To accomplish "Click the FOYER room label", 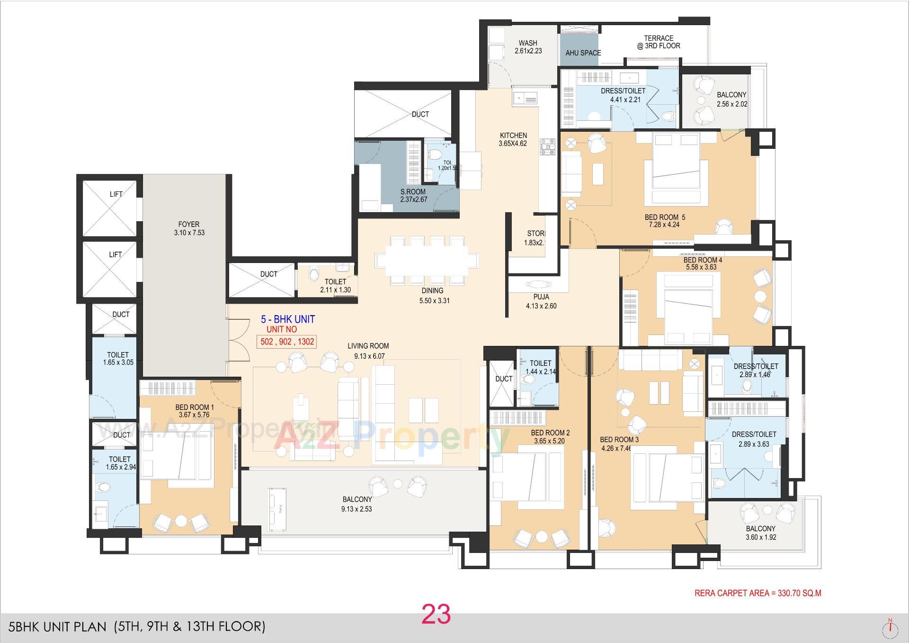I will click(189, 228).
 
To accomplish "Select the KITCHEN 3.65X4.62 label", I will click(513, 139).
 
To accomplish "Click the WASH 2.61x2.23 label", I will click(528, 47).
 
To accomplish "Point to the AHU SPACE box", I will click(583, 53).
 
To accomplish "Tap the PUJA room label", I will click(541, 301).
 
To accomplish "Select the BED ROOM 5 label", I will click(664, 221).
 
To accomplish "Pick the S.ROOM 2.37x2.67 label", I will click(413, 196).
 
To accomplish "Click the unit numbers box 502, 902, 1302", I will click(286, 342).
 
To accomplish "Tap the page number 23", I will click(436, 614).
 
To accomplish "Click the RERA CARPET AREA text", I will click(757, 593).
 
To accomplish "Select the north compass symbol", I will click(891, 627).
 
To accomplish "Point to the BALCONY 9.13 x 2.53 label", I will click(357, 504).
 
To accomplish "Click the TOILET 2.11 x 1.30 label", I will click(335, 286).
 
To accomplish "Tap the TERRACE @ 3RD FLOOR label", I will click(658, 42).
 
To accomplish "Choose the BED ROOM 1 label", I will click(194, 411).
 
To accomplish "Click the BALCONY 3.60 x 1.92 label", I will click(760, 533).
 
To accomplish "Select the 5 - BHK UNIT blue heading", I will click(288, 319).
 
